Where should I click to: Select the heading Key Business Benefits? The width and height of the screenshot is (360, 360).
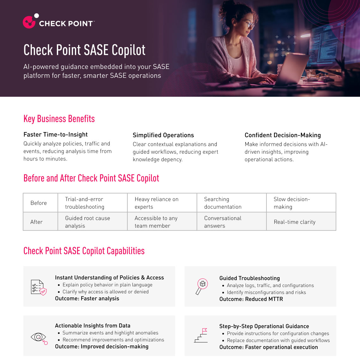click(x=59, y=119)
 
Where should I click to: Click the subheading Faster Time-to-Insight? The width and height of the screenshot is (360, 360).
click(x=56, y=135)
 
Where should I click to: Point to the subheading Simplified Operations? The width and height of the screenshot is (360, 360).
click(x=163, y=135)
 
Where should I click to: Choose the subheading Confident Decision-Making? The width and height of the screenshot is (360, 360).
click(x=283, y=135)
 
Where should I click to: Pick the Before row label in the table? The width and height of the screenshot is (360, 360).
click(x=39, y=203)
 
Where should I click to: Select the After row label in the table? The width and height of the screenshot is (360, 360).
click(x=36, y=222)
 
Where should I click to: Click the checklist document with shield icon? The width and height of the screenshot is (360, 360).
click(x=39, y=287)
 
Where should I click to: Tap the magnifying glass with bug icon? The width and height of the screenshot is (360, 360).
click(x=202, y=286)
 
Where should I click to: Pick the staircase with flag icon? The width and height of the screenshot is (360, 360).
click(x=201, y=336)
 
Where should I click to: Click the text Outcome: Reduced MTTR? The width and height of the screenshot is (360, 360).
click(x=251, y=299)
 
